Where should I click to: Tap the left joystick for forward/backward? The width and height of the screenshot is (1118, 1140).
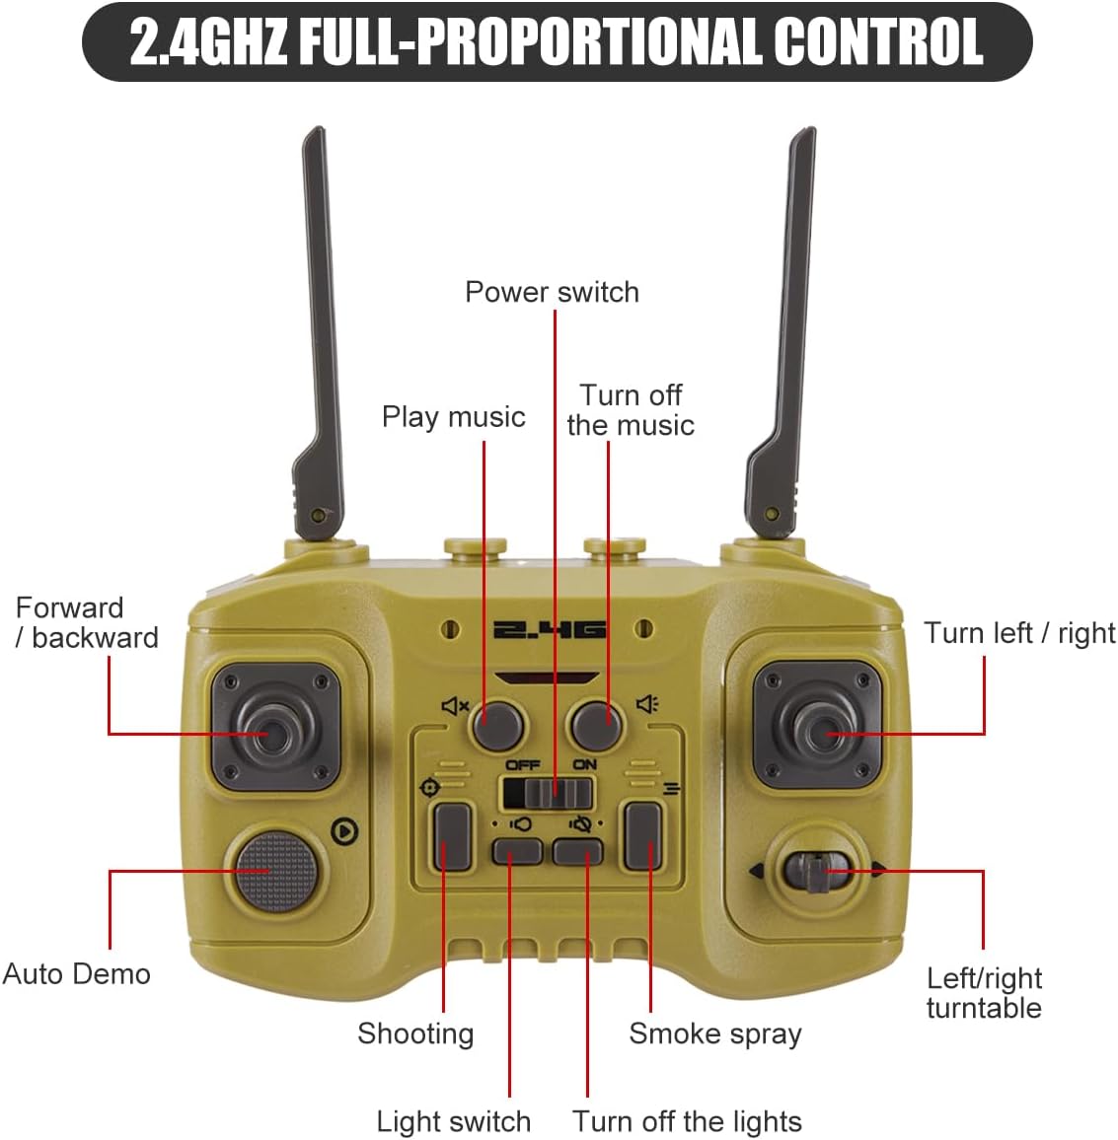pos(275,730)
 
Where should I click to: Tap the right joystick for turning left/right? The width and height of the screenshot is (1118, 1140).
pos(818,727)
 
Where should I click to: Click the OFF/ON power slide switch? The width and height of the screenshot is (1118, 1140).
pos(549,792)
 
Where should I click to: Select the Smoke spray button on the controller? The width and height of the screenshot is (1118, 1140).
pos(642,836)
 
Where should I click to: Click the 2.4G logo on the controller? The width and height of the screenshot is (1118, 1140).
pos(549,629)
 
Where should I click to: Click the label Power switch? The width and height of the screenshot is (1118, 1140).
pos(552,292)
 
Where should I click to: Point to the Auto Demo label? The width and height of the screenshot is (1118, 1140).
pos(77,974)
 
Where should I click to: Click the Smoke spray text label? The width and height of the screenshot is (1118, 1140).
pos(714,1033)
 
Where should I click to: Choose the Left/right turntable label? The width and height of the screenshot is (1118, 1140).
pos(984,993)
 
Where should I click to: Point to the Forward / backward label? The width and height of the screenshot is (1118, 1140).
pos(87,622)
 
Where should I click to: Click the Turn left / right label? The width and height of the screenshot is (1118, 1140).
pos(1019,633)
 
